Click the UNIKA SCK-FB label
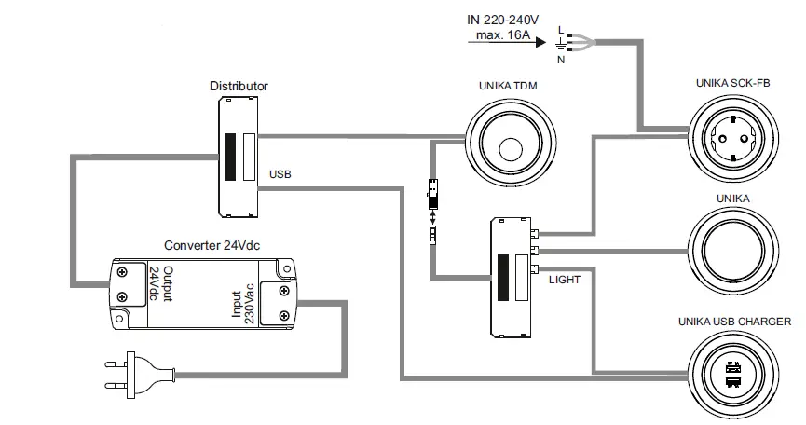[732, 83]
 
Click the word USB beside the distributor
[280, 174]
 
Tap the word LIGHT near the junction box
[565, 279]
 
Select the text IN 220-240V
[500, 19]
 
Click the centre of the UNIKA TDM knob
[509, 148]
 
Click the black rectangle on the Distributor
[229, 157]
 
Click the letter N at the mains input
[560, 60]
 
